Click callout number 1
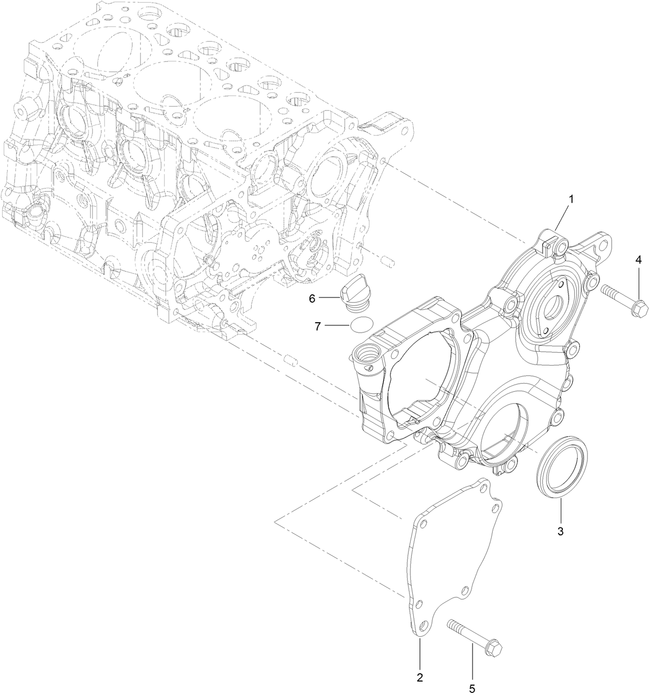pyautogui.click(x=571, y=198)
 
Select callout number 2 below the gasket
pyautogui.click(x=420, y=677)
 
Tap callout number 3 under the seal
pyautogui.click(x=560, y=531)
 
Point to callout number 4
pyautogui.click(x=638, y=260)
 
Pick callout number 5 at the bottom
pyautogui.click(x=472, y=688)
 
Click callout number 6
pyautogui.click(x=312, y=298)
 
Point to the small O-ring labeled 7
pyautogui.click(x=346, y=326)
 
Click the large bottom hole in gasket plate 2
pyautogui.click(x=424, y=625)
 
